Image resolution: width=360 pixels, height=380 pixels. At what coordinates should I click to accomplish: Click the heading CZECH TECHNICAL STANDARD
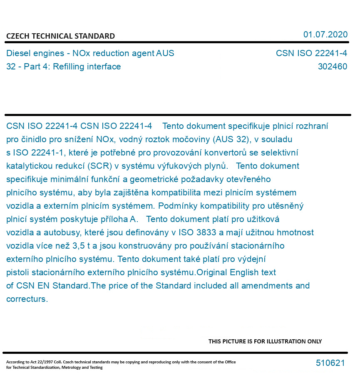[60, 36]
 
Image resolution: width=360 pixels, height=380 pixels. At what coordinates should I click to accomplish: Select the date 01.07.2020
[325, 35]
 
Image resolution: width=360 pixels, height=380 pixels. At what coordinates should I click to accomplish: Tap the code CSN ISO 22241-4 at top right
[311, 53]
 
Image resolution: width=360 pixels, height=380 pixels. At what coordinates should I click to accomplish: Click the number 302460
[332, 67]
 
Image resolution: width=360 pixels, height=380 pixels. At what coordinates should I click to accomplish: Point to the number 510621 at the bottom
[330, 363]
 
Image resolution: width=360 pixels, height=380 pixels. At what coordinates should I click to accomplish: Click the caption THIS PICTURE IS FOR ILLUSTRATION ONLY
[265, 341]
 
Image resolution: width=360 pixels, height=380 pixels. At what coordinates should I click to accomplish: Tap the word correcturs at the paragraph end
[27, 299]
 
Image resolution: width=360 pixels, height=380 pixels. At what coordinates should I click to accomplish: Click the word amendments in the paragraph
[268, 286]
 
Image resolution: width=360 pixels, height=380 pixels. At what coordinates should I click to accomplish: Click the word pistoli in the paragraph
[18, 272]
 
